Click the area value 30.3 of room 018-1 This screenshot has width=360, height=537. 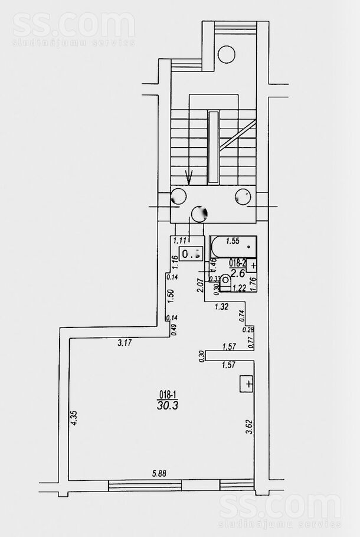[x=169, y=405]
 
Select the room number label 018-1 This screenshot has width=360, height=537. [x=169, y=394]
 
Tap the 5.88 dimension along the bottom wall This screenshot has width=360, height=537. [x=158, y=473]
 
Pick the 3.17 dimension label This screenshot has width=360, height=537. [x=125, y=343]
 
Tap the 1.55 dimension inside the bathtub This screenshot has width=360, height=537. [x=233, y=241]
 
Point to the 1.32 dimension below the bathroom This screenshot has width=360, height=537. [x=221, y=306]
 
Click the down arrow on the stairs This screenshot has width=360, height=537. [x=189, y=176]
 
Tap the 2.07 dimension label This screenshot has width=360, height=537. [x=201, y=287]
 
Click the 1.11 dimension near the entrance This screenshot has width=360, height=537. [x=179, y=241]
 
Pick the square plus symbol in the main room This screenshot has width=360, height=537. [x=247, y=384]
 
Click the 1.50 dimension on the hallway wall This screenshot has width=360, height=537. [x=171, y=295]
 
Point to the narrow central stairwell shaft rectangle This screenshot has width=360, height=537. [x=213, y=147]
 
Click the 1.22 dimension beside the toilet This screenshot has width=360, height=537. [x=238, y=289]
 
